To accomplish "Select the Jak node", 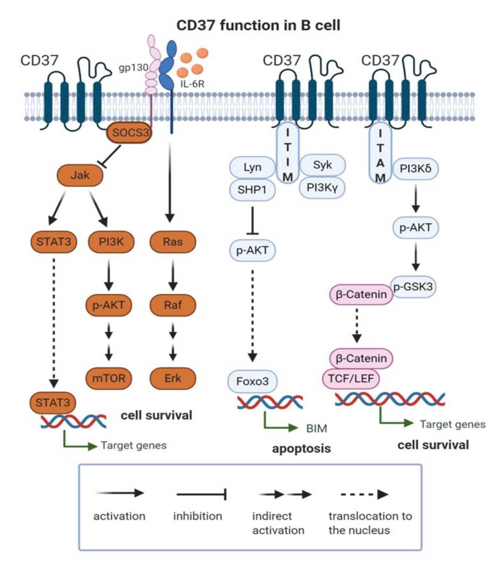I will pyautogui.click(x=80, y=175).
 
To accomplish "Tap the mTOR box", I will pyautogui.click(x=109, y=378).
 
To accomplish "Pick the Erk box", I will pyautogui.click(x=173, y=378).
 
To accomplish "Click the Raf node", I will pyautogui.click(x=173, y=305).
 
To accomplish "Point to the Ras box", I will pyautogui.click(x=173, y=241).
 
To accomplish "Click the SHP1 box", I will pyautogui.click(x=252, y=189).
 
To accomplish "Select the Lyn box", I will pyautogui.click(x=252, y=167).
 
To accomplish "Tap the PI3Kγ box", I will pyautogui.click(x=323, y=187).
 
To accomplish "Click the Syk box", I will pyautogui.click(x=323, y=165).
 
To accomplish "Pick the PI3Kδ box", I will pyautogui.click(x=415, y=169).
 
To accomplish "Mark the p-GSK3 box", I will pyautogui.click(x=413, y=287).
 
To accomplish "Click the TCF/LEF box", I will pyautogui.click(x=350, y=379).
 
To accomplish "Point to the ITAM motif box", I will pyautogui.click(x=380, y=155).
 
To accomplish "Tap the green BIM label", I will pyautogui.click(x=317, y=429).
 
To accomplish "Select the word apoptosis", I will pyautogui.click(x=301, y=448).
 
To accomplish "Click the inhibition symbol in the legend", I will pyautogui.click(x=201, y=494).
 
